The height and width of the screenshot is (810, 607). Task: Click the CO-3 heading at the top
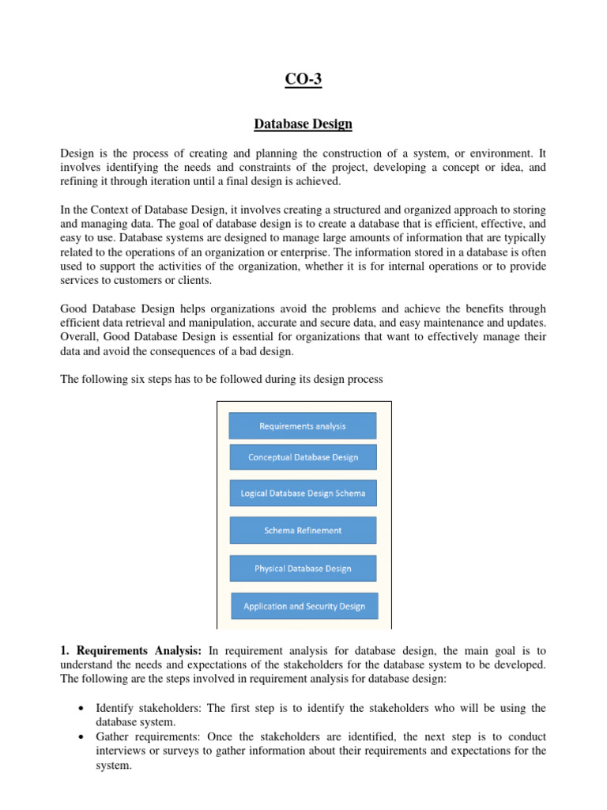click(x=303, y=80)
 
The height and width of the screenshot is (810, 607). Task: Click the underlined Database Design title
click(x=303, y=124)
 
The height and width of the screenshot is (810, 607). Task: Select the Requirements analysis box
click(x=303, y=426)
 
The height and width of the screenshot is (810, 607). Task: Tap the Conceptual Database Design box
click(x=303, y=457)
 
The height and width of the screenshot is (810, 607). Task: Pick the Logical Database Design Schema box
click(x=303, y=494)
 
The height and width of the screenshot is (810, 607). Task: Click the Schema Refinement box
click(x=303, y=531)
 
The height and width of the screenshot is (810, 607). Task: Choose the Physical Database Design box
click(x=303, y=569)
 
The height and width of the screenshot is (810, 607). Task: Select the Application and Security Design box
click(x=304, y=607)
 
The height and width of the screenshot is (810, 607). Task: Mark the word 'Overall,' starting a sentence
click(x=80, y=337)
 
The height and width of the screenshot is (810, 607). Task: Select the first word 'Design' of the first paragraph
click(x=77, y=153)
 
